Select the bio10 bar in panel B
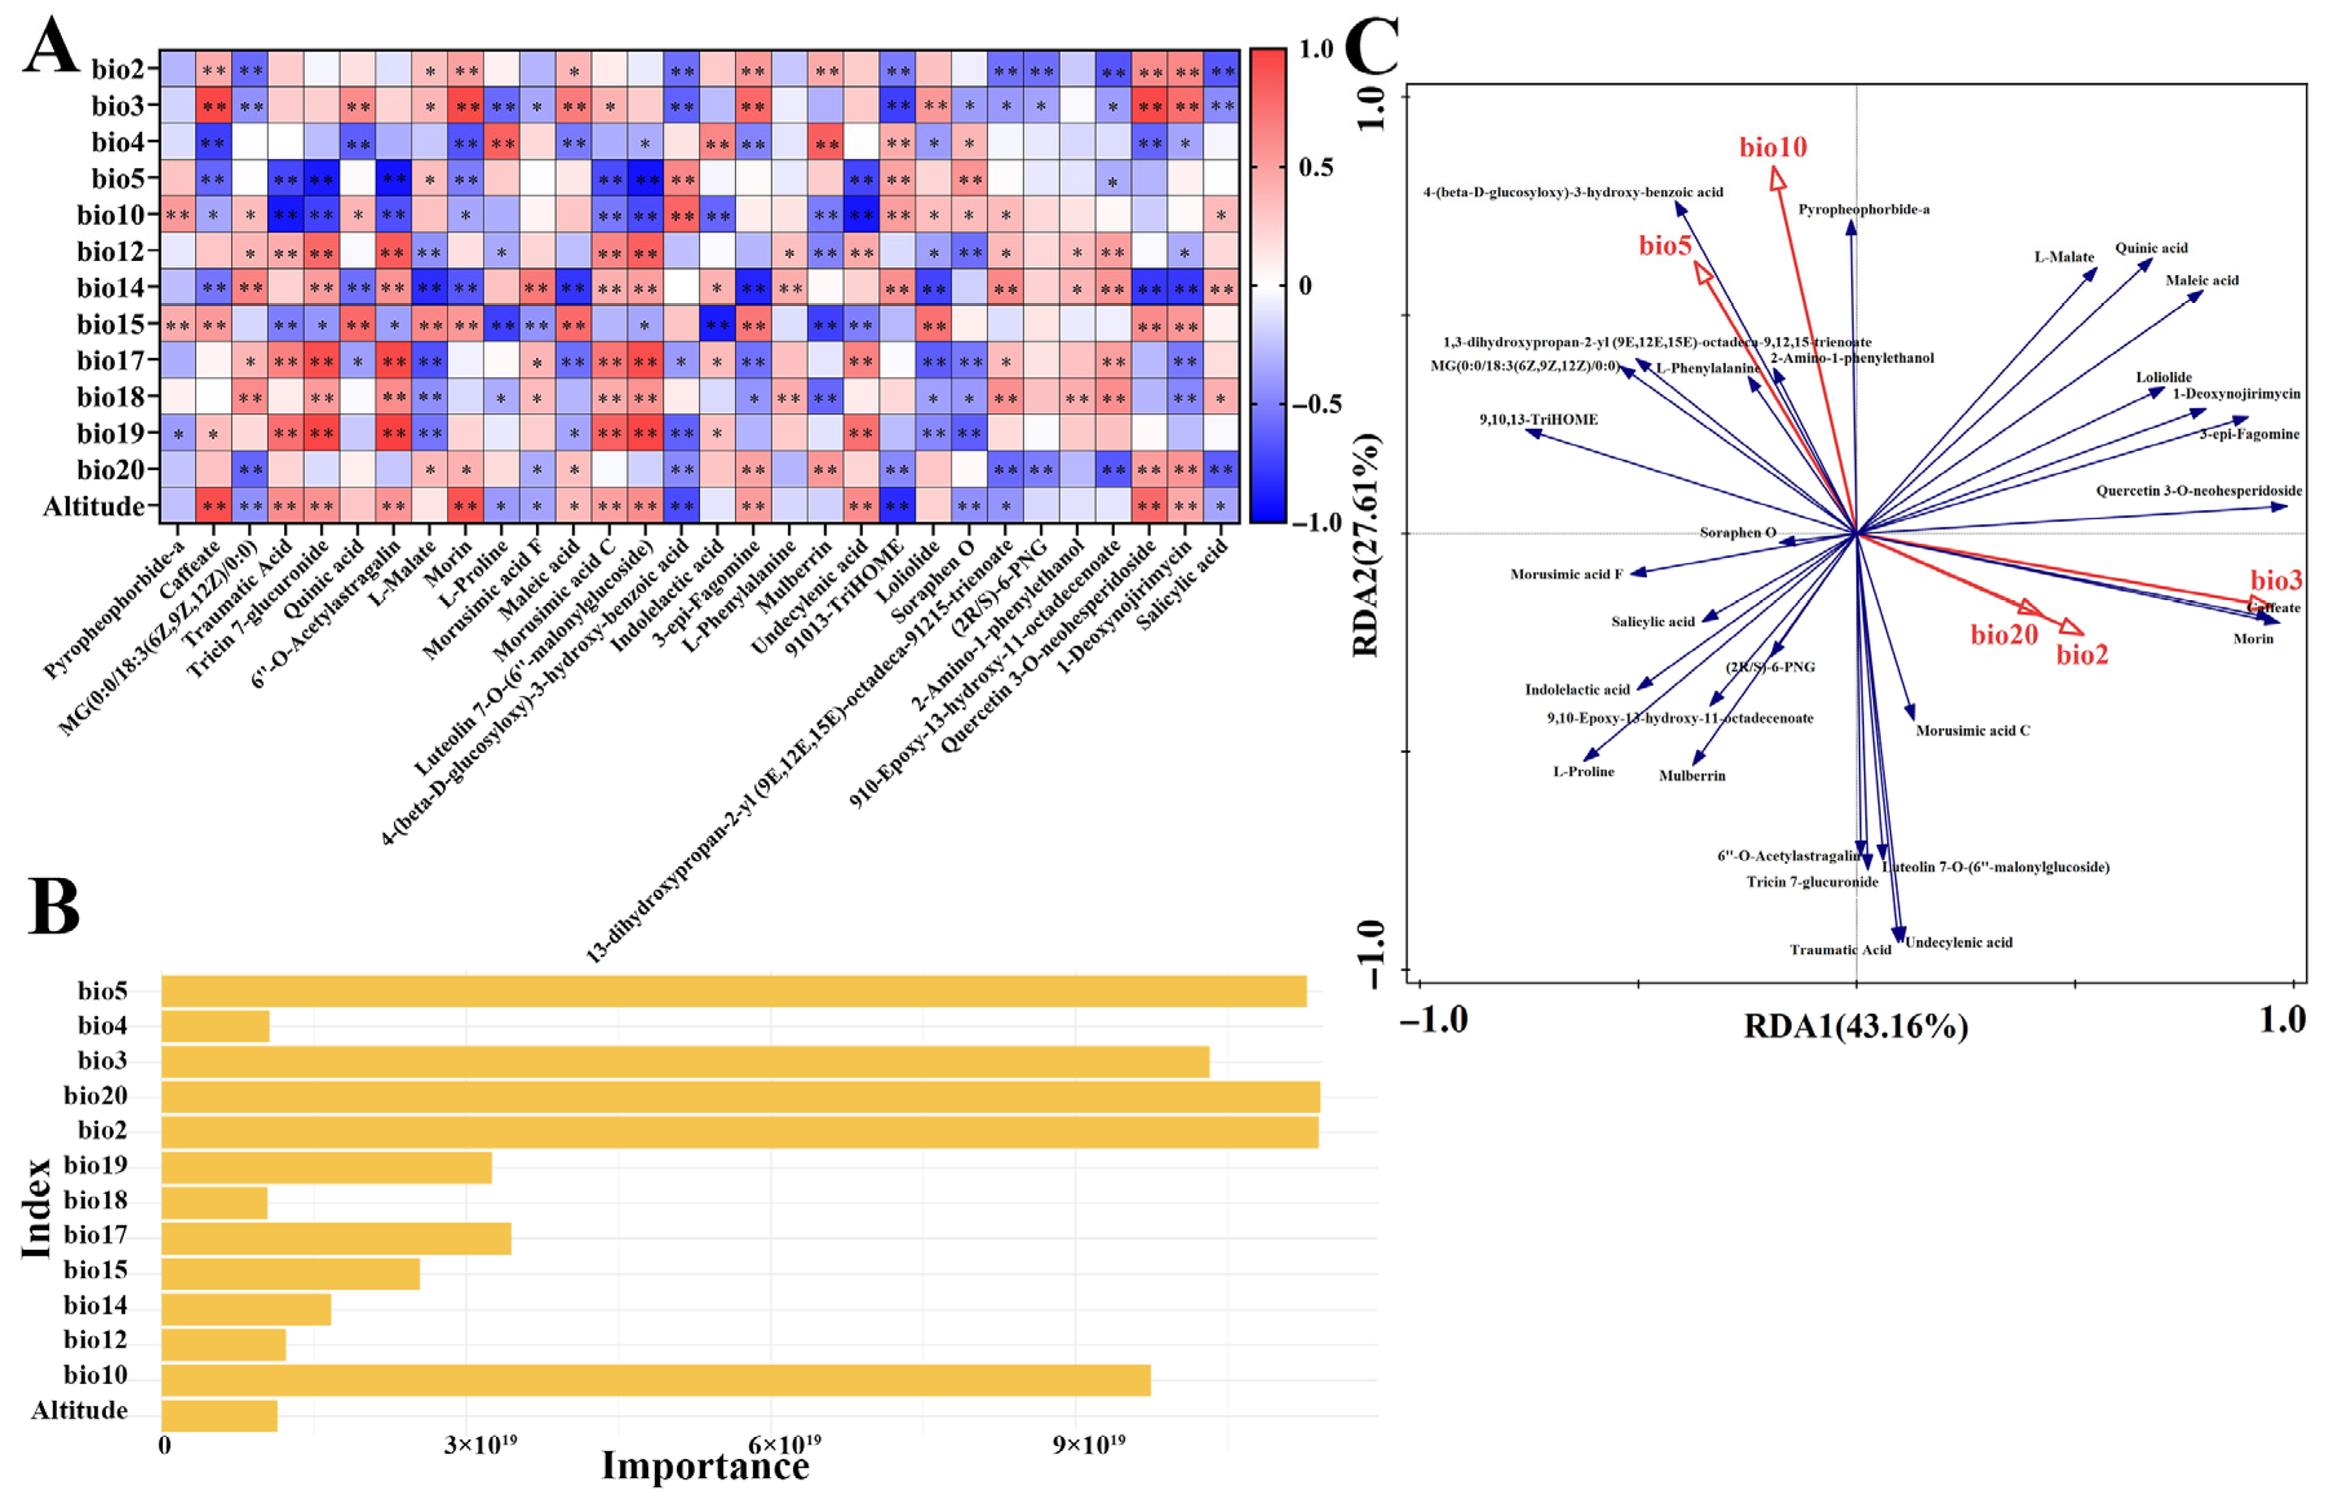655,1380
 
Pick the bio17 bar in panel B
335,1238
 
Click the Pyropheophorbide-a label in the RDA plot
1864,209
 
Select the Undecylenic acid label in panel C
1959,943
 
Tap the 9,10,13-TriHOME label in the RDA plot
1538,419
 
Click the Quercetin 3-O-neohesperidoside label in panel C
2199,491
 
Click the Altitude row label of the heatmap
93,507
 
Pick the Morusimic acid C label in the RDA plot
1972,731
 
